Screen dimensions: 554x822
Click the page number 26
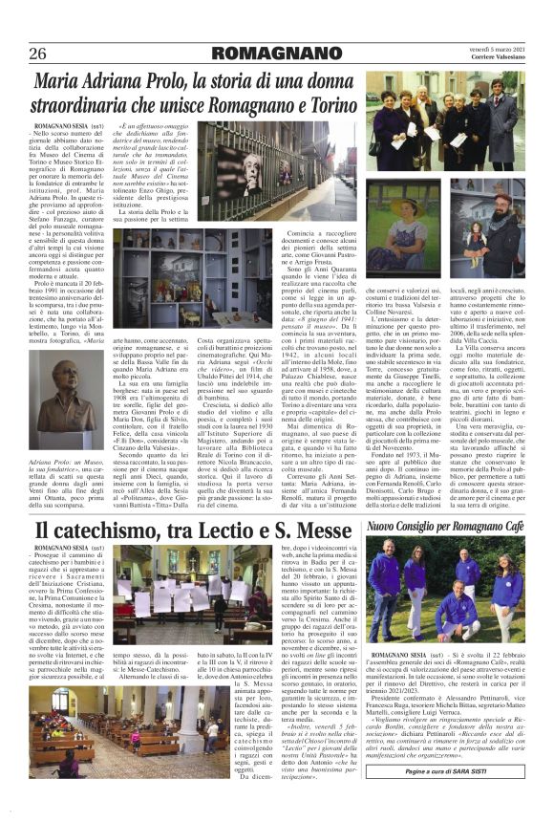(x=38, y=52)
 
